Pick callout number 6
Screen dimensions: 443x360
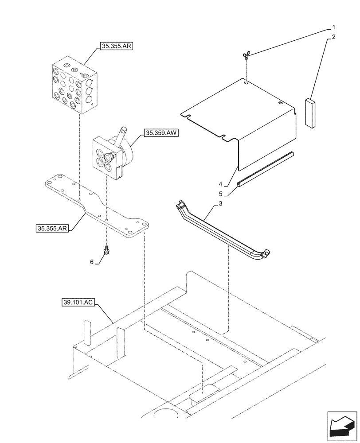pos(92,262)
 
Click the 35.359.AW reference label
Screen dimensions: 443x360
pos(160,132)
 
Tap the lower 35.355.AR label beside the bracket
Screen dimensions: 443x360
pos(51,229)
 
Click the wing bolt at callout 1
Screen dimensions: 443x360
pos(245,55)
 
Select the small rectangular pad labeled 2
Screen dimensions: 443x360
pos(309,113)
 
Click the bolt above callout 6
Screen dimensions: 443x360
pos(106,251)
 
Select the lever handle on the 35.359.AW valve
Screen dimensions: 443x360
pos(122,133)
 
